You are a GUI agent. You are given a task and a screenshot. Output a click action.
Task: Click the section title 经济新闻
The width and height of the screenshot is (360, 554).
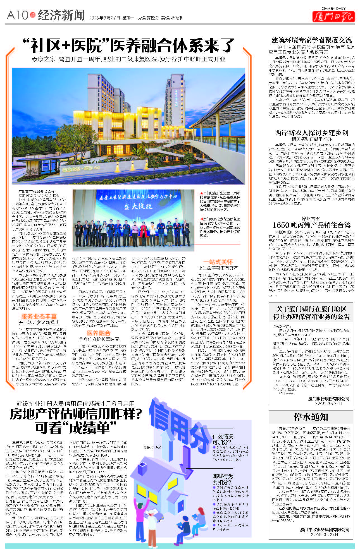point(61,15)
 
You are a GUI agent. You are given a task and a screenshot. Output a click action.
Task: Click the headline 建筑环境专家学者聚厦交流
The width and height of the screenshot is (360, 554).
point(311,40)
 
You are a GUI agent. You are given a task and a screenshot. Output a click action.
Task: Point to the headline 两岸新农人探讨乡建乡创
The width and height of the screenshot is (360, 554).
point(311,133)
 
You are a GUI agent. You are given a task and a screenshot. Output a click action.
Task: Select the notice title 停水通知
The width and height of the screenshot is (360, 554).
point(311,417)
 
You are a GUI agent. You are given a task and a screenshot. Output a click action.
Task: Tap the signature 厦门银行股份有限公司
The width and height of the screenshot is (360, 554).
point(329,399)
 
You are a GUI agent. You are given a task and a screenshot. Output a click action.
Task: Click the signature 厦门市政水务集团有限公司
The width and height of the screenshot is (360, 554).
point(325,529)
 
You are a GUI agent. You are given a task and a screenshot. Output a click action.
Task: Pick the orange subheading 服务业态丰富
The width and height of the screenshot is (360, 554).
point(39,316)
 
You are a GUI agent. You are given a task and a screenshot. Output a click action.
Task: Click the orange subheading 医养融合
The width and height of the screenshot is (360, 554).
point(98,333)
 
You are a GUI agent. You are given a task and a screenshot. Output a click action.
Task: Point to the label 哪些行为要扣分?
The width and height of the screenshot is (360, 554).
point(223,479)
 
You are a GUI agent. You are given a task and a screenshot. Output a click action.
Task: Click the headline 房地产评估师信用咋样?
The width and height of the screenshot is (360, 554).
point(75,414)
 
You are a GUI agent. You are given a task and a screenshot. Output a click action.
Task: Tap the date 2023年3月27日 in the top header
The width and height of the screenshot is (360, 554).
point(104,18)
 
